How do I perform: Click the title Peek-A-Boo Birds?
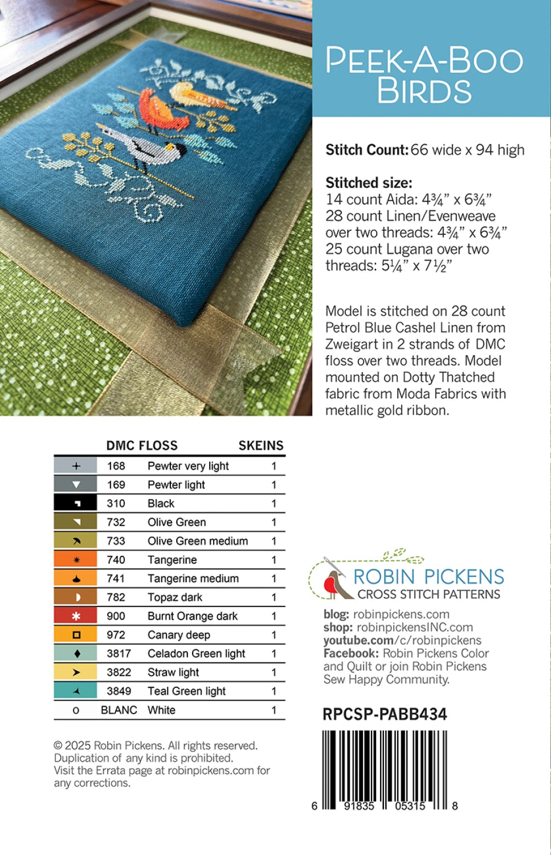(x=424, y=75)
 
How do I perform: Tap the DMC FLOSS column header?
(x=142, y=446)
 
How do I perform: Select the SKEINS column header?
(x=260, y=446)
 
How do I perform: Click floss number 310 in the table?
(x=116, y=503)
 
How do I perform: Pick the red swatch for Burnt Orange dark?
(x=76, y=616)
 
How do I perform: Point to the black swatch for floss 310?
(x=76, y=503)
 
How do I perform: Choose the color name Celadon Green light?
(x=196, y=654)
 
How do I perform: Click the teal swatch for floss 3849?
(x=76, y=691)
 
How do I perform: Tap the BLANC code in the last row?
(x=119, y=710)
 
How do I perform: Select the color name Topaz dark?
(x=175, y=597)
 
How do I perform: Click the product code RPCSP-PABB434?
(x=385, y=714)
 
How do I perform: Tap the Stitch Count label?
(x=367, y=150)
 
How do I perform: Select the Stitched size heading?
(x=369, y=183)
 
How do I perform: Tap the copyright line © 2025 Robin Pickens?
(x=156, y=746)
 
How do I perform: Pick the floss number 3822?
(x=119, y=673)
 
